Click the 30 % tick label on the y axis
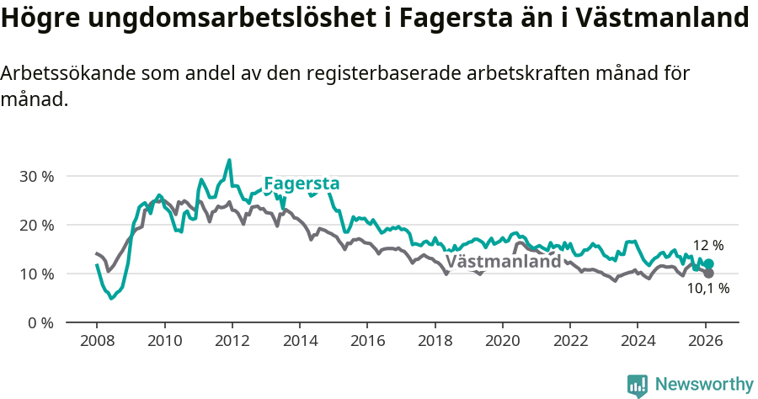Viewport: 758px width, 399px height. click(x=36, y=177)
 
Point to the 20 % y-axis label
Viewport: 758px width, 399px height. click(x=36, y=226)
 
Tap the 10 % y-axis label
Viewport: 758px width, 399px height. click(x=36, y=274)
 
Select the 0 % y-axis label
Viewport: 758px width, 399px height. click(x=40, y=323)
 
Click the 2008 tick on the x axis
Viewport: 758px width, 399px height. click(x=97, y=342)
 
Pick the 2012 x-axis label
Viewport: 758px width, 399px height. click(x=232, y=342)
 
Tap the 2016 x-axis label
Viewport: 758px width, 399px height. click(x=367, y=342)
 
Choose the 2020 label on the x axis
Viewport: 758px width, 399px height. click(x=502, y=342)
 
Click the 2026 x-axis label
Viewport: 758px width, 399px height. click(x=705, y=342)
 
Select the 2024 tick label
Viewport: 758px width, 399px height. click(x=638, y=342)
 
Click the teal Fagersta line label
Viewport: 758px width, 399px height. click(x=302, y=184)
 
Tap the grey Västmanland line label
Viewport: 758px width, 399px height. click(x=503, y=261)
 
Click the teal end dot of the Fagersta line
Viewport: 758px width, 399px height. click(x=708, y=264)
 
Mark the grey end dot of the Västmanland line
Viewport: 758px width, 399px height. click(x=708, y=274)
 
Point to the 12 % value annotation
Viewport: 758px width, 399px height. click(x=708, y=246)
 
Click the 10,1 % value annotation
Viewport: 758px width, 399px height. click(x=708, y=289)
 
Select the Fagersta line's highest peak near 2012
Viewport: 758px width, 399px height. click(x=229, y=160)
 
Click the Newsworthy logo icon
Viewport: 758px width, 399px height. click(x=638, y=385)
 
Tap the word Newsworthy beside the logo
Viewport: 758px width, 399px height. click(x=704, y=385)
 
